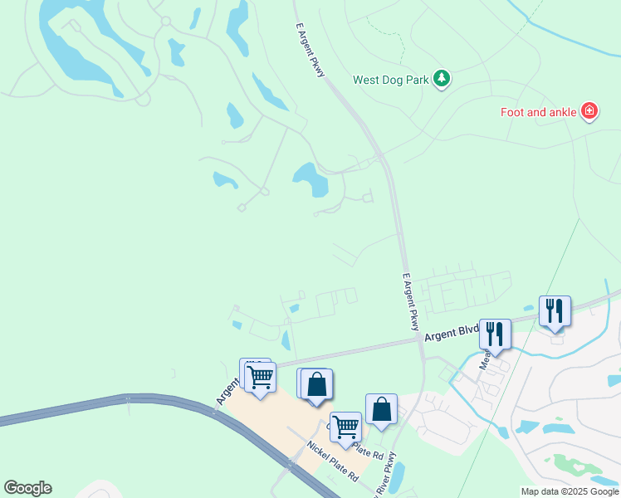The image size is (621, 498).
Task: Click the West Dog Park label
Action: pos(392,81)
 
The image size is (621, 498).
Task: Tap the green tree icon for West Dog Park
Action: pos(443,80)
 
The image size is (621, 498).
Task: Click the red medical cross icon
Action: pos(589,111)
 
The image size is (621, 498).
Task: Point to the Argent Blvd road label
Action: pos(452,334)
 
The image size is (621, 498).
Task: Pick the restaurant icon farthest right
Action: pos(555,311)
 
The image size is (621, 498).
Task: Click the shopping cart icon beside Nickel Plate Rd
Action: pos(345,427)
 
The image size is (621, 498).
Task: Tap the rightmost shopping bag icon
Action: pos(381,409)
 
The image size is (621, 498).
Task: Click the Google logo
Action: pos(27,488)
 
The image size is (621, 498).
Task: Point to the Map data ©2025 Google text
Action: pos(570,491)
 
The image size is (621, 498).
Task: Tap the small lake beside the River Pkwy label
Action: pos(397,476)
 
